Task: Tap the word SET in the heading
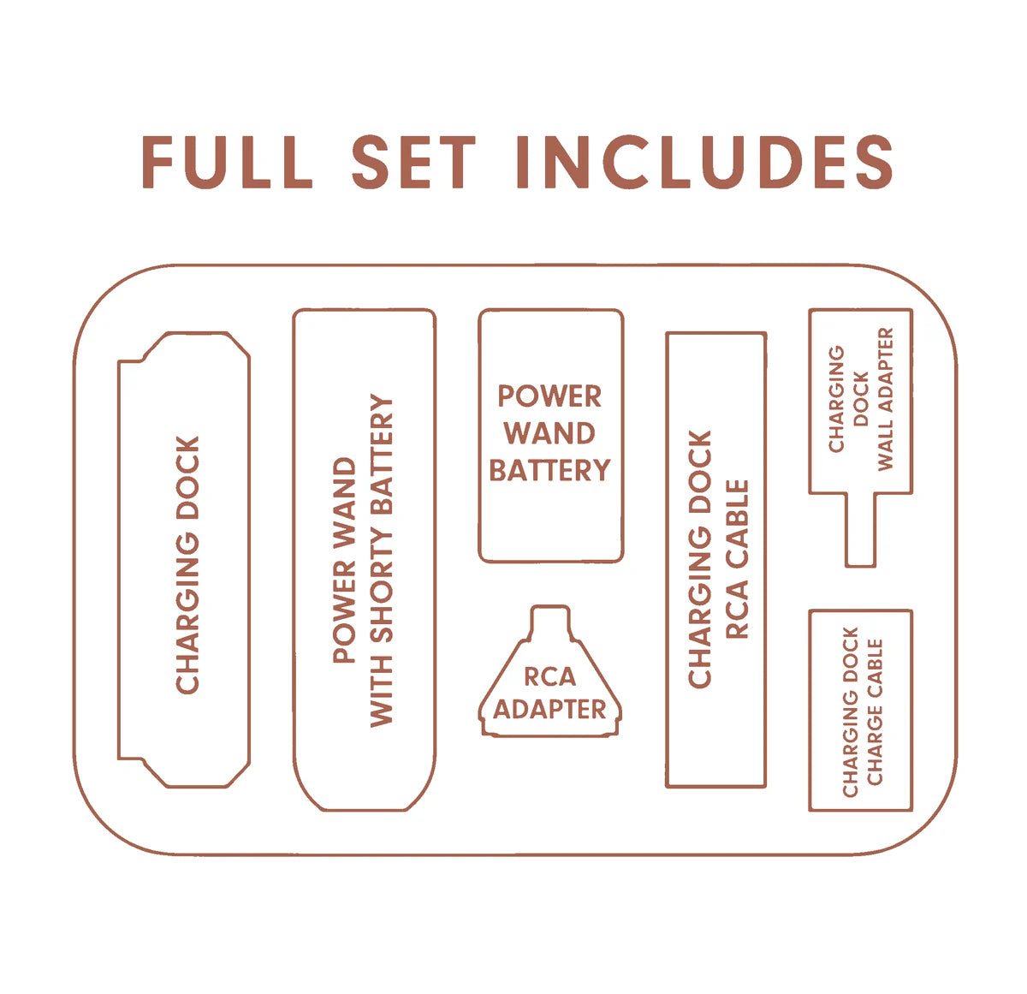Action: click(x=413, y=161)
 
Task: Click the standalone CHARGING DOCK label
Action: click(x=187, y=564)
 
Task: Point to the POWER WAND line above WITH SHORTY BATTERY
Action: click(x=344, y=561)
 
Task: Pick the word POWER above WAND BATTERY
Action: click(x=549, y=396)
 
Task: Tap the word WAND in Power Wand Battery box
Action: click(x=549, y=433)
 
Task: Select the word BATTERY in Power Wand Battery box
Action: click(x=549, y=470)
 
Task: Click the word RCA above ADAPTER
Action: click(x=549, y=677)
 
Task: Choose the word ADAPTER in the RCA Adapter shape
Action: click(x=549, y=710)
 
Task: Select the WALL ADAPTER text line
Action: click(x=885, y=398)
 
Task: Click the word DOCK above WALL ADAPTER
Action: click(x=861, y=398)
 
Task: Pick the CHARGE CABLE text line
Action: click(x=875, y=712)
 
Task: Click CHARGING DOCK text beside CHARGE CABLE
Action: click(x=850, y=712)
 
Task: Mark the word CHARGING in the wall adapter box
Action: click(x=836, y=398)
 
